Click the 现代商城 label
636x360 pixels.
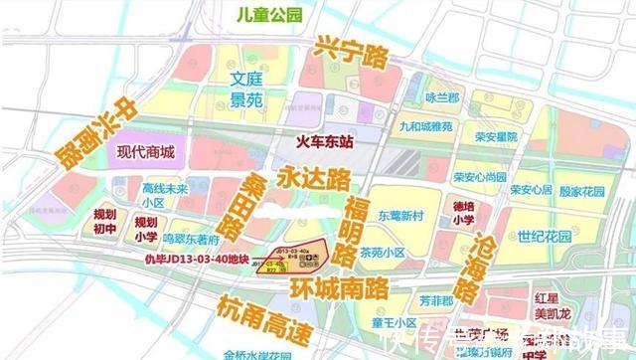point(145,152)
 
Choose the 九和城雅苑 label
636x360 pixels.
point(427,127)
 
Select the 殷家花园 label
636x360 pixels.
point(582,190)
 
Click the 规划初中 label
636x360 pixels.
point(104,220)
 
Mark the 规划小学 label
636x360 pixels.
point(146,229)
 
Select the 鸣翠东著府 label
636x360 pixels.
point(190,240)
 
